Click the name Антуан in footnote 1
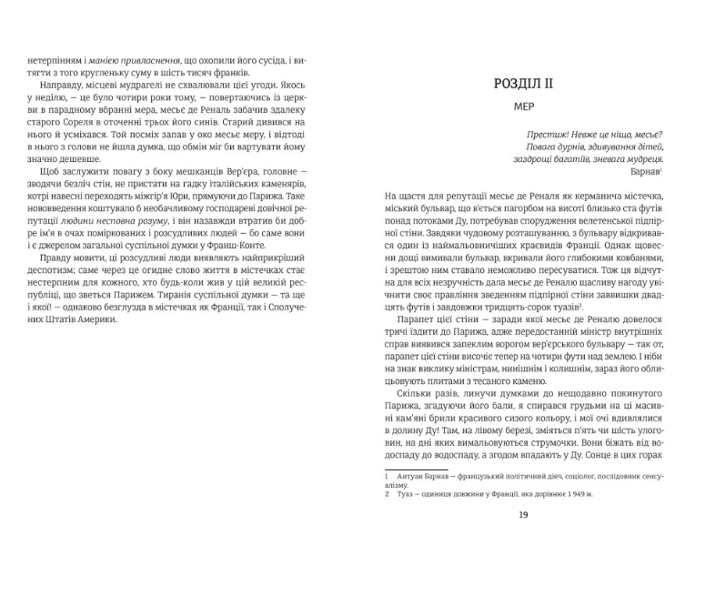point(414,476)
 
